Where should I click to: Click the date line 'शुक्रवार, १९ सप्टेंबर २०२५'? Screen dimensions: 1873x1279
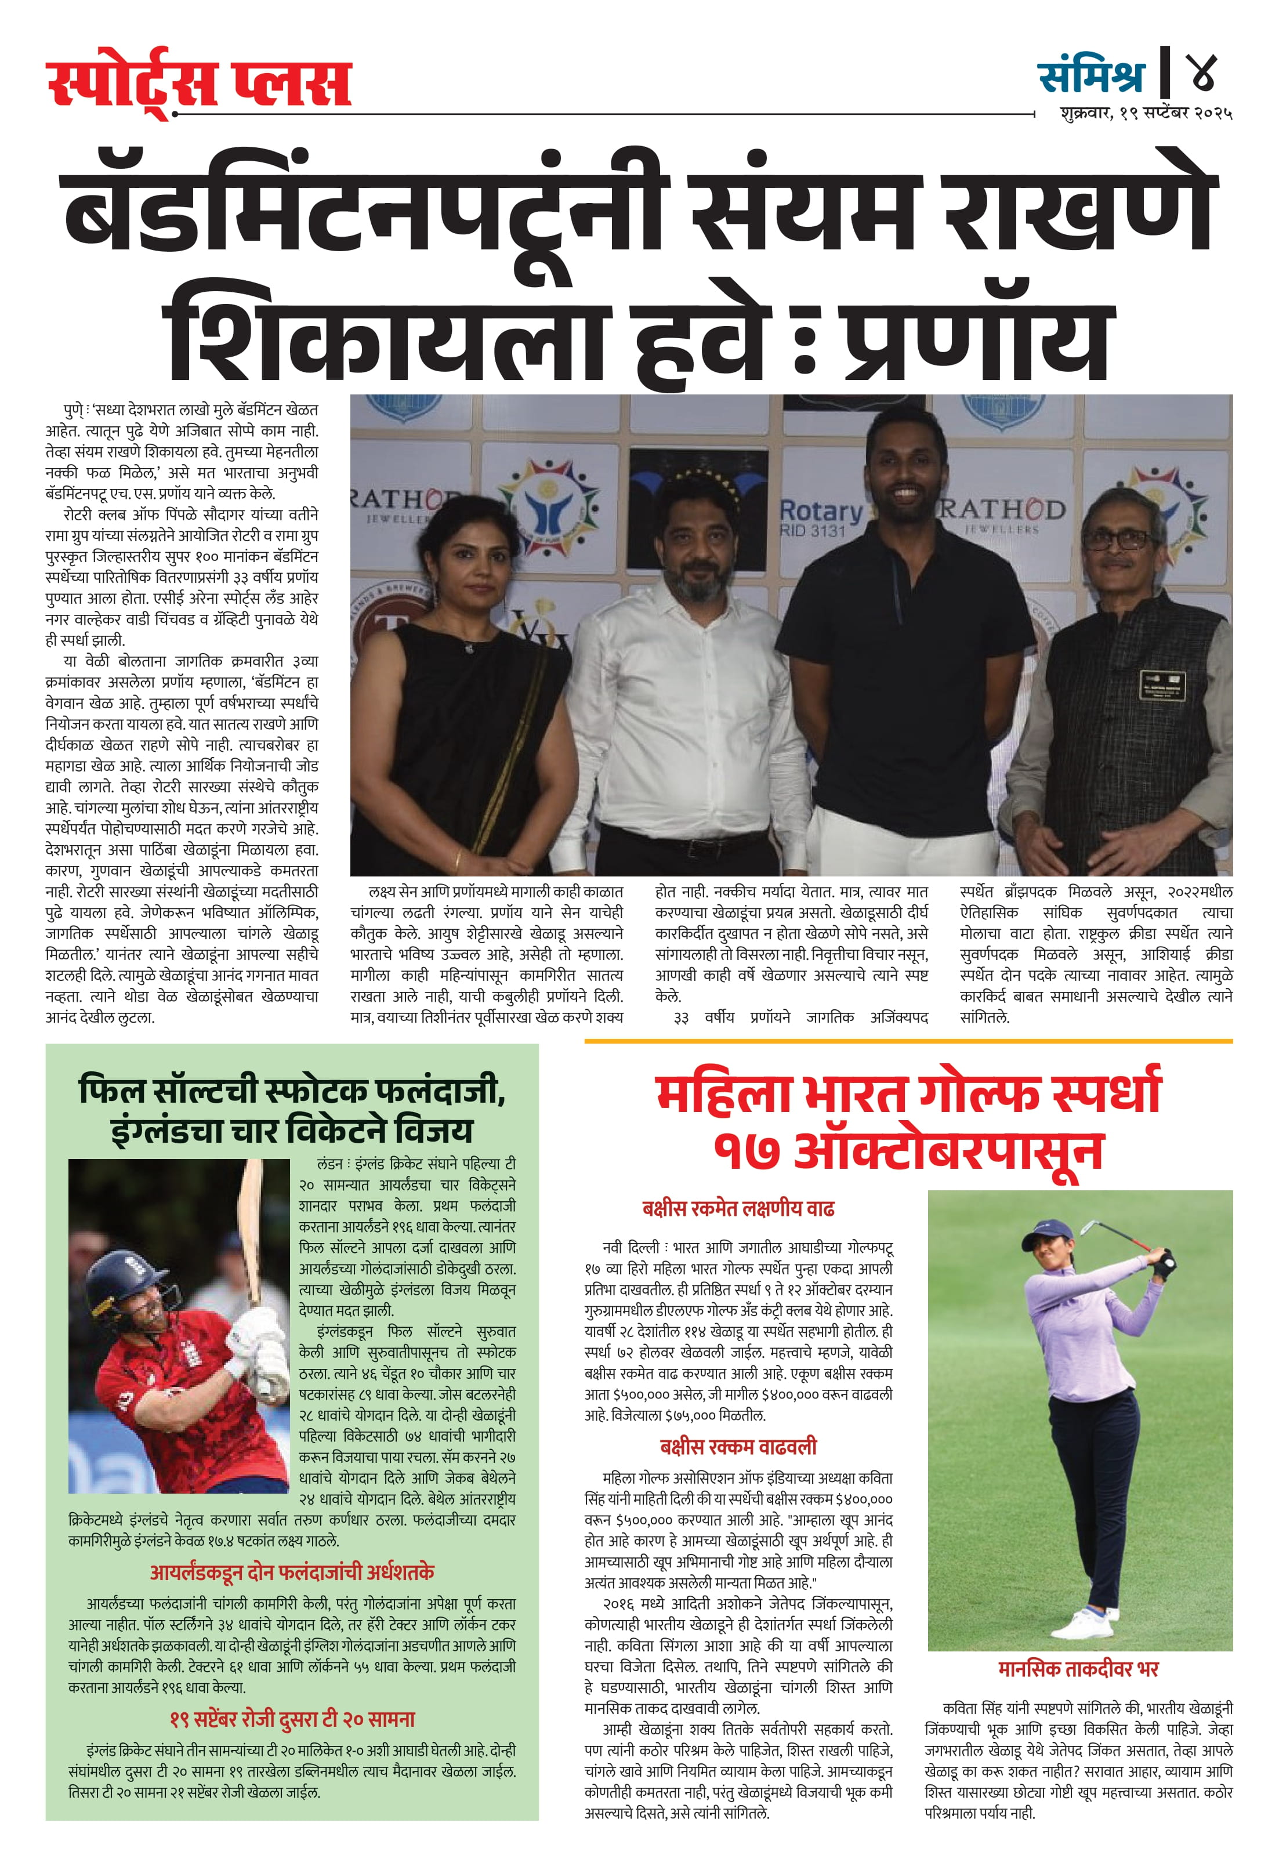tap(1145, 114)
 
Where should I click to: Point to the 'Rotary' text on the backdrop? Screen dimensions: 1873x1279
tap(820, 510)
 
